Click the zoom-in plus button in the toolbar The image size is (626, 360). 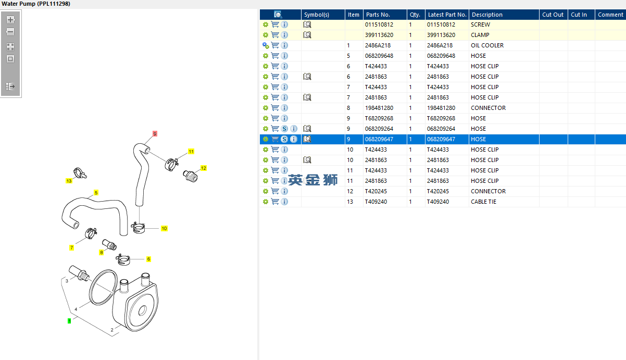pos(10,20)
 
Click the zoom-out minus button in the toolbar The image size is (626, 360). pos(10,32)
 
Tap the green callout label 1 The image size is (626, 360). pos(69,321)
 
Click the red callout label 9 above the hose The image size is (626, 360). pos(155,133)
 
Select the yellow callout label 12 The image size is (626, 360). pos(204,168)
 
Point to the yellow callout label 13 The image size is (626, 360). pos(69,181)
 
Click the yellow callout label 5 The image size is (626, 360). pos(96,193)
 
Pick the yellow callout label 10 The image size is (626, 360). pos(164,228)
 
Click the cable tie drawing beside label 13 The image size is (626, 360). pos(80,173)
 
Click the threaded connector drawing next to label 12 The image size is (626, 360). pos(190,176)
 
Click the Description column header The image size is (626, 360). pos(487,15)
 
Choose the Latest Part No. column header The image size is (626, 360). pos(447,15)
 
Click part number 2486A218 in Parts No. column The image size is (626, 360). pos(378,45)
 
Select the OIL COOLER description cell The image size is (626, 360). pos(487,45)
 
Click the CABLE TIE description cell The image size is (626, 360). pos(483,202)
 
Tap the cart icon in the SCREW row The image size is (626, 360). pos(275,24)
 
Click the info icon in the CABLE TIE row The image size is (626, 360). pos(284,202)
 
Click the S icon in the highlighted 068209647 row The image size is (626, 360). pos(284,139)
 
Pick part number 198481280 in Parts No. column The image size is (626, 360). pos(379,108)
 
